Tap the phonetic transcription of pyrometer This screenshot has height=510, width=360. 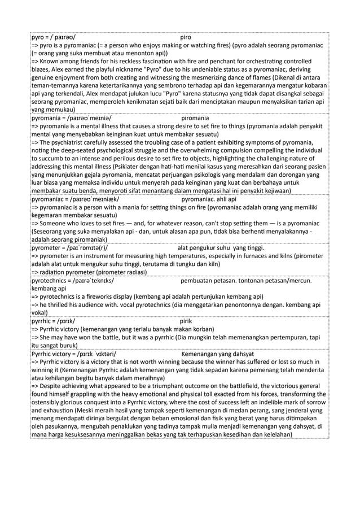pyautogui.click(x=90, y=247)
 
